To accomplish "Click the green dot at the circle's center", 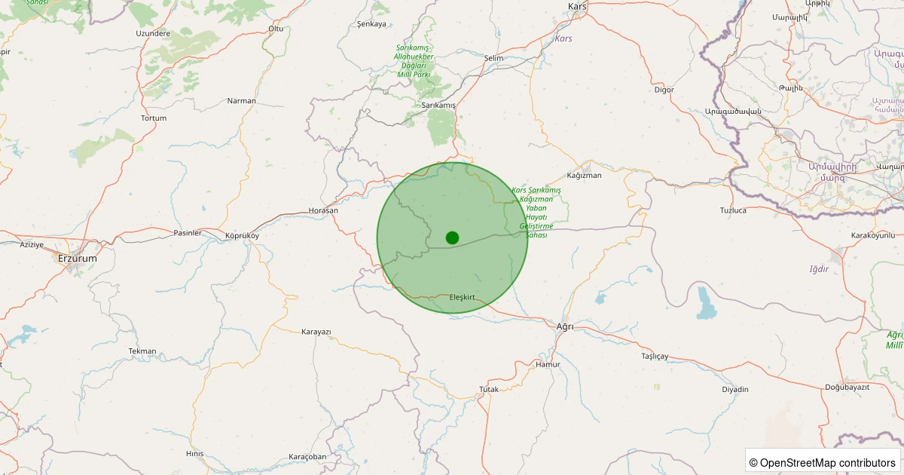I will pos(452,237).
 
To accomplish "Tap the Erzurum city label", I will pos(78,258).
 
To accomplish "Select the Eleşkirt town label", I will pos(462,297).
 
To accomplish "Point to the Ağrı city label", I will pos(564,326).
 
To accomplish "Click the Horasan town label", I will pos(323,210).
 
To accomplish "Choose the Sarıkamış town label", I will pos(438,105).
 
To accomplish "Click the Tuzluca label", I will pos(733,210).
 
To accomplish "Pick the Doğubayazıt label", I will pos(847,387).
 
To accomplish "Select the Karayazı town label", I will pos(316,332).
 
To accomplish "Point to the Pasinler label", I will pos(188,233).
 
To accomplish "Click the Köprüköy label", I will pos(242,235).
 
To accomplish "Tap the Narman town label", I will pos(242,100).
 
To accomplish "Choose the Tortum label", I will pos(154,118).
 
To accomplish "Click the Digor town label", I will pos(664,90).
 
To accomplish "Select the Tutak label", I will pos(489,389).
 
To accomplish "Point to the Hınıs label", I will pos(194,453).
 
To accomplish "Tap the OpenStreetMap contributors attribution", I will pos(823,462).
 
